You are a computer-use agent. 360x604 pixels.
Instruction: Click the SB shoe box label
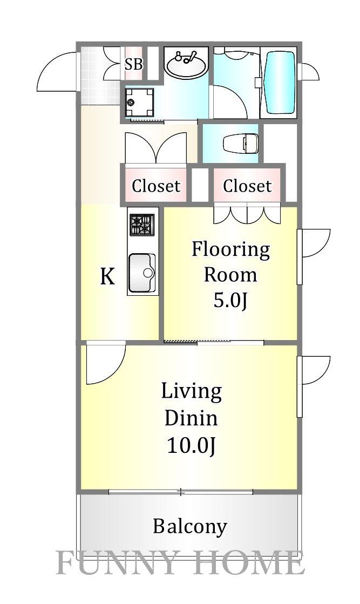click(x=134, y=64)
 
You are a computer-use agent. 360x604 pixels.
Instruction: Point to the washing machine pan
click(x=139, y=102)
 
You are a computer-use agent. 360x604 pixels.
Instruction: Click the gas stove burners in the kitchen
click(x=142, y=225)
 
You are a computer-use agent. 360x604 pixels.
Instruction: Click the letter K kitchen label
click(x=107, y=276)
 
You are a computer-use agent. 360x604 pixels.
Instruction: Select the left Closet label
click(x=156, y=186)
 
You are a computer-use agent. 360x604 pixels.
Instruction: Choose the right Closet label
click(x=248, y=186)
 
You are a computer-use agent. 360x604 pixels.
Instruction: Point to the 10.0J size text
click(x=191, y=446)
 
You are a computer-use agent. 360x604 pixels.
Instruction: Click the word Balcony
click(x=190, y=527)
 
